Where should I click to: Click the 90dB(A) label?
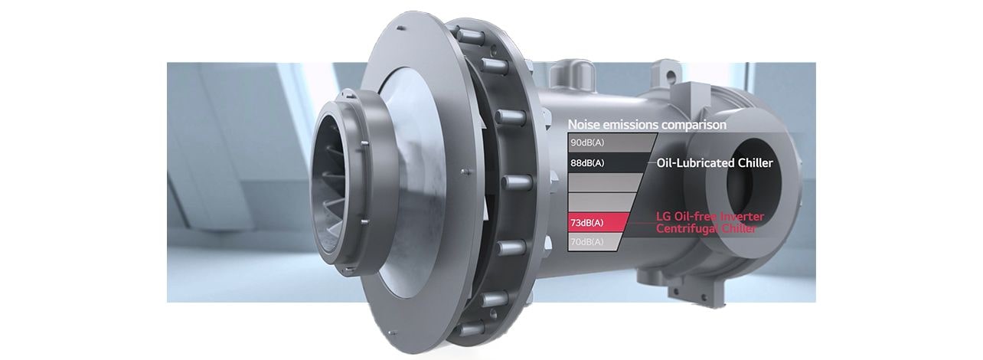pos(587,142)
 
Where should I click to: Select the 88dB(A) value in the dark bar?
pos(587,163)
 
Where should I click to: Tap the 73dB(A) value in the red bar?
pos(587,223)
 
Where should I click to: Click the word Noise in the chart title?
pos(584,124)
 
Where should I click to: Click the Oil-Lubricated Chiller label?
pos(715,163)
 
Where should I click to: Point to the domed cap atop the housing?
pos(575,73)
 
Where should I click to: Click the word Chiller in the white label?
pos(755,163)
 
